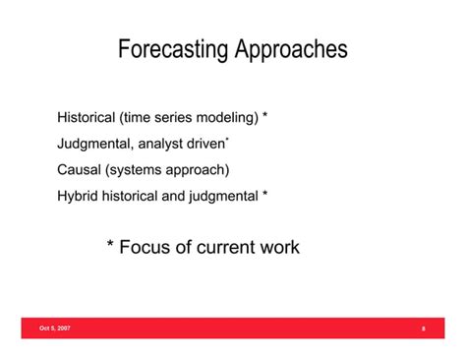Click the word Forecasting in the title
172,49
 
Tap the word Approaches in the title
289,49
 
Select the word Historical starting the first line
87,118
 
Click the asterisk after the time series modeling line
265,117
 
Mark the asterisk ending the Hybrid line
265,195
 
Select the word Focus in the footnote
145,248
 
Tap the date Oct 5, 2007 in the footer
55,328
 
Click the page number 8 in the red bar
423,329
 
